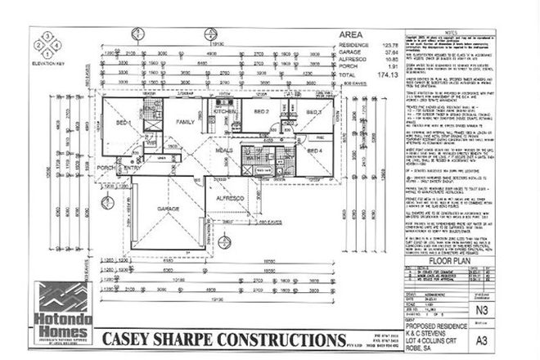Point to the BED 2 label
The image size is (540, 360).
[262, 111]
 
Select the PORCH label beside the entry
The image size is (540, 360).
[104, 168]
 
